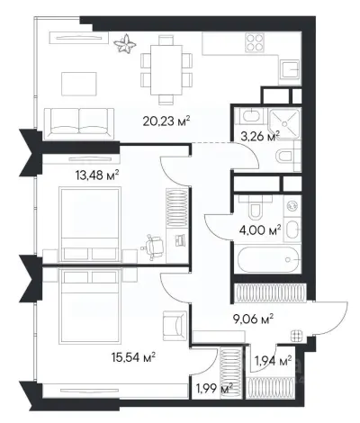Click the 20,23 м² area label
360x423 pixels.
(x=166, y=121)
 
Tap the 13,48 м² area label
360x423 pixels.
(x=97, y=175)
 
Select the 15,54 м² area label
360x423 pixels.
(x=133, y=357)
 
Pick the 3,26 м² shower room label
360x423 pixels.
(x=260, y=137)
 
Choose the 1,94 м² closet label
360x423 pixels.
(x=273, y=360)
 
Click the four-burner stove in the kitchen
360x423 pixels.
(x=255, y=42)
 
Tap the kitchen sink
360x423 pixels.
(x=290, y=69)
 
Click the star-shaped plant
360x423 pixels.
(x=125, y=44)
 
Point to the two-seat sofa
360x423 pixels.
(x=79, y=124)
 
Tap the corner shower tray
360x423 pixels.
(x=284, y=124)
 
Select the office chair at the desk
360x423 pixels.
(x=153, y=244)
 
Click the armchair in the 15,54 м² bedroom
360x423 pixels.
(x=175, y=326)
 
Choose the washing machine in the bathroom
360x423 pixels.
(x=292, y=205)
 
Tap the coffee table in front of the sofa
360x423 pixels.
(x=79, y=84)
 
